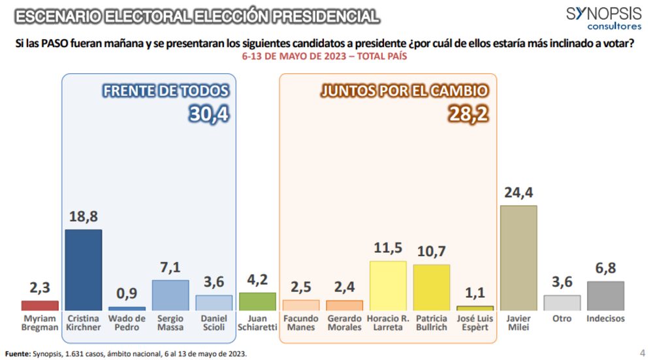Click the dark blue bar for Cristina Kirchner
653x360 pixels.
[x=84, y=269]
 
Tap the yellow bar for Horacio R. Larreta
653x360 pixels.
[x=388, y=285]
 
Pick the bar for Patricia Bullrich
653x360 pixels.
[x=432, y=287]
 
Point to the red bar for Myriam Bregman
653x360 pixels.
[x=40, y=305]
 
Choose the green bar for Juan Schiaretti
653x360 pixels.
[x=257, y=301]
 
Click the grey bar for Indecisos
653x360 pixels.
[x=605, y=295]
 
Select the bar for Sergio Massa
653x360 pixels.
[x=170, y=295]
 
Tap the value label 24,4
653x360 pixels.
[x=518, y=193]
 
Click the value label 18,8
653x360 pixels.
[x=84, y=218]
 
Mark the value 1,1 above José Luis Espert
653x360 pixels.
[x=475, y=294]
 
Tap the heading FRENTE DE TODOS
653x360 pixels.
[x=166, y=91]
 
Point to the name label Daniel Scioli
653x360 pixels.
[x=214, y=323]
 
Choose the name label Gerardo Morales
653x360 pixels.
[x=344, y=323]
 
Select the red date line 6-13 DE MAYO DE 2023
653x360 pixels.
[x=325, y=57]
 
